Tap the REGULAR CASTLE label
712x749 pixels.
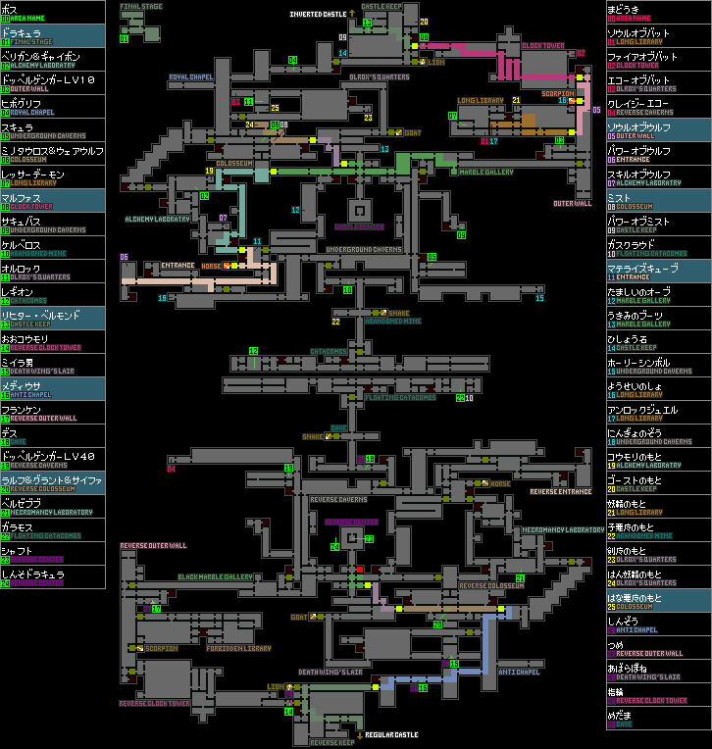point(391,734)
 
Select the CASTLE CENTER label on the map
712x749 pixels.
point(358,226)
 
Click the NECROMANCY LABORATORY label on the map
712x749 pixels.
point(563,529)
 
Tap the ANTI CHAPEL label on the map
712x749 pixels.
point(518,672)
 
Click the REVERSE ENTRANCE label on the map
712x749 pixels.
point(561,491)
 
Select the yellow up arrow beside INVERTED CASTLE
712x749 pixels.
point(351,14)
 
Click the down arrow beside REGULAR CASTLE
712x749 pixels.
point(359,734)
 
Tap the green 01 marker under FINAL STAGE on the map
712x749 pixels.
point(124,40)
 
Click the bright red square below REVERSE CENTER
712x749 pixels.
point(360,569)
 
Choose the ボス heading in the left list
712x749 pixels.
point(10,7)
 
